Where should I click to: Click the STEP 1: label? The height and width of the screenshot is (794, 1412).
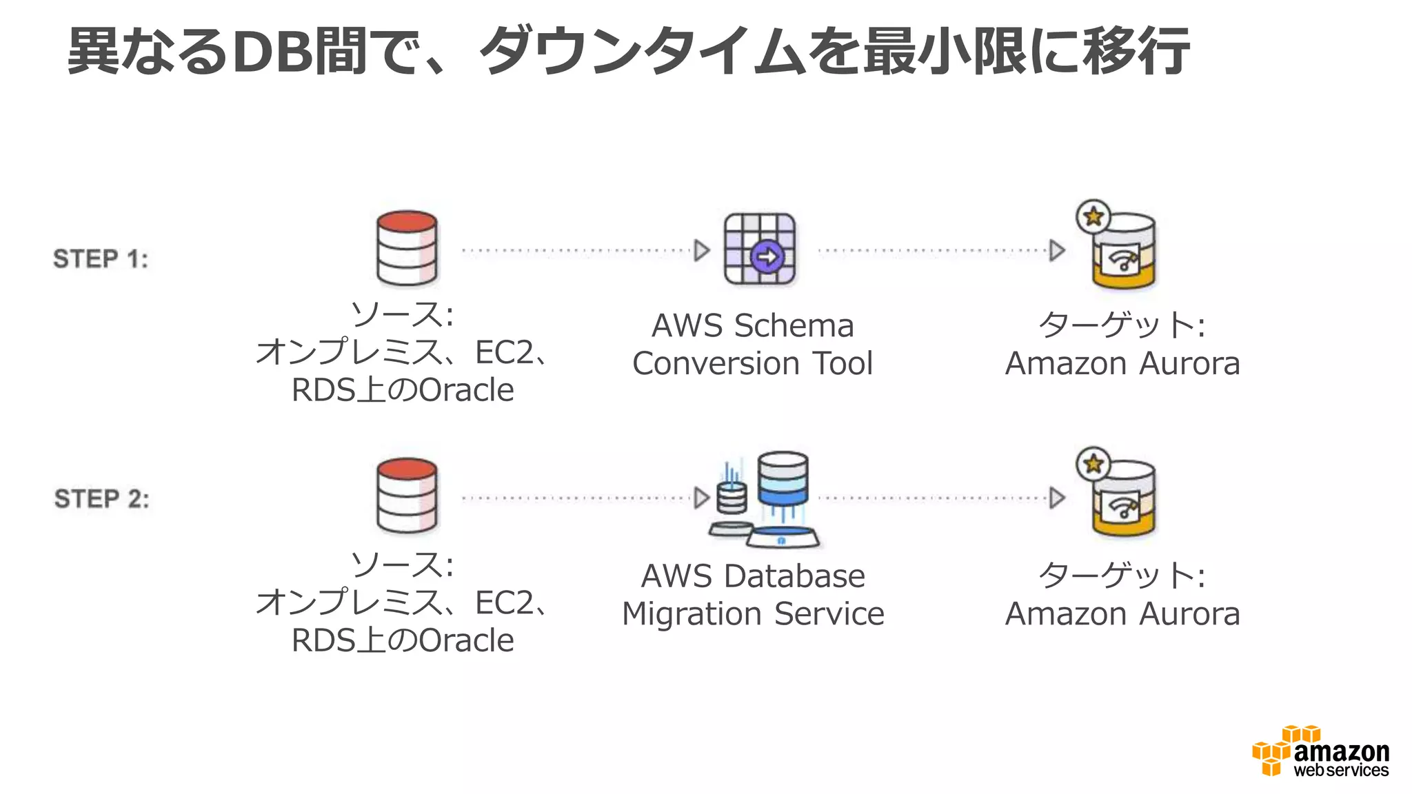pyautogui.click(x=101, y=259)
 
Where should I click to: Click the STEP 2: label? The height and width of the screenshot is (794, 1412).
pyautogui.click(x=101, y=498)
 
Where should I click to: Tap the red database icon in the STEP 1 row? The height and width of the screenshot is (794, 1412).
pyautogui.click(x=407, y=248)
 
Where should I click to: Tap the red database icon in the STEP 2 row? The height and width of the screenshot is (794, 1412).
pyautogui.click(x=407, y=496)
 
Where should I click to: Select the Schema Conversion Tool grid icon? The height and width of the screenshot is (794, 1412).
pyautogui.click(x=759, y=249)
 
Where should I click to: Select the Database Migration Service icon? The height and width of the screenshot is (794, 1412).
pyautogui.click(x=765, y=500)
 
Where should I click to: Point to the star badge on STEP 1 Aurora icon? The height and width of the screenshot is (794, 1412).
pyautogui.click(x=1093, y=216)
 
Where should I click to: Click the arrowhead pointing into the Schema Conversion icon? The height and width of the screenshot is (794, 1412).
pyautogui.click(x=702, y=250)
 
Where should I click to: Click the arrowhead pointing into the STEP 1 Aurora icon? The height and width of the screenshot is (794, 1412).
pyautogui.click(x=1057, y=250)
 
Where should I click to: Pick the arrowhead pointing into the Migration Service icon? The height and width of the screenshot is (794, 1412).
pyautogui.click(x=702, y=498)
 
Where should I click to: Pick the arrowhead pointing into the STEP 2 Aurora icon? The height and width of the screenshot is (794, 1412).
pyautogui.click(x=1057, y=498)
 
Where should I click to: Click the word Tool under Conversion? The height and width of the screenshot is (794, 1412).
pyautogui.click(x=843, y=363)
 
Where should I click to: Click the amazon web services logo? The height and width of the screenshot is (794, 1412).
pyautogui.click(x=1320, y=752)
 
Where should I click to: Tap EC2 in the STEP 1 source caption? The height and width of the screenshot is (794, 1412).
pyautogui.click(x=504, y=353)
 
